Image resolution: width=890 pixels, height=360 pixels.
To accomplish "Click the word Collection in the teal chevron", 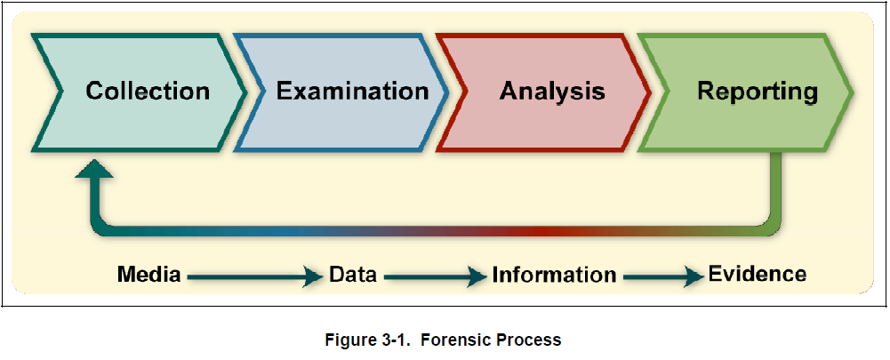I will (x=148, y=91).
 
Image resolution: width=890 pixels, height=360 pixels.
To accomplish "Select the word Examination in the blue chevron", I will (x=352, y=91).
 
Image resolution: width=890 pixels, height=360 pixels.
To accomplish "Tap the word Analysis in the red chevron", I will (x=552, y=91).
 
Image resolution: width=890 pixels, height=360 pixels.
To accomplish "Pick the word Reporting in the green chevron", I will (x=757, y=91).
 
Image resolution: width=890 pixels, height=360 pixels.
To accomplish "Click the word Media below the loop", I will (x=149, y=275).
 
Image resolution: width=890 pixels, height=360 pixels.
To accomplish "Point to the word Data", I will (x=353, y=275).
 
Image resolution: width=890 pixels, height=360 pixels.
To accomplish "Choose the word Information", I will (x=554, y=275).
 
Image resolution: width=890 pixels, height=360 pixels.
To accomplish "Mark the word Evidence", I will (x=758, y=274).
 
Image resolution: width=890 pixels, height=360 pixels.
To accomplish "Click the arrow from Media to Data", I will (x=254, y=276).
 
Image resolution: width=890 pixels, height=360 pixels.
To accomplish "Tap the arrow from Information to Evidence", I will (x=661, y=276).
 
